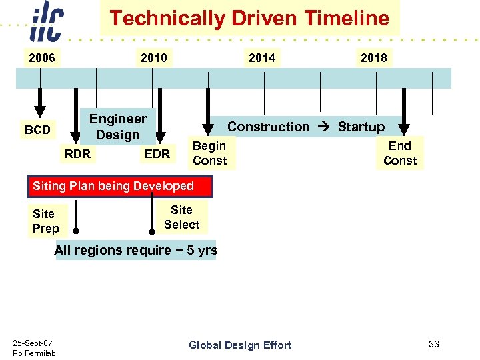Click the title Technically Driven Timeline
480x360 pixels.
tap(249, 18)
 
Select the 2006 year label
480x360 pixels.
tap(41, 58)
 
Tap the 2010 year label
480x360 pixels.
tap(154, 58)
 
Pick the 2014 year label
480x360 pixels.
tap(261, 58)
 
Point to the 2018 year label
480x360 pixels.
tap(373, 58)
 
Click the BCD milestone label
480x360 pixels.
tap(37, 130)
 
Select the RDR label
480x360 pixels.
tap(77, 154)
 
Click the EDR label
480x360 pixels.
tap(157, 154)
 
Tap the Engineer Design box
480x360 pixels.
tap(118, 127)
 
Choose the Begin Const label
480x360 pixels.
tap(210, 153)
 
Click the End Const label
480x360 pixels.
tap(400, 153)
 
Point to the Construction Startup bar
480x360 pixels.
tap(306, 127)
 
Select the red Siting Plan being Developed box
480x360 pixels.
tap(120, 187)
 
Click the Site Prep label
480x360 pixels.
tap(46, 221)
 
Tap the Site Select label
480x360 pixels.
tap(181, 217)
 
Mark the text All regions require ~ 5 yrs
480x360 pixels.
tap(136, 251)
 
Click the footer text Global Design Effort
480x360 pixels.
tap(240, 345)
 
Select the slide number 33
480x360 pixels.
tap(434, 344)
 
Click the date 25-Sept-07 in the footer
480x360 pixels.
tap(33, 343)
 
